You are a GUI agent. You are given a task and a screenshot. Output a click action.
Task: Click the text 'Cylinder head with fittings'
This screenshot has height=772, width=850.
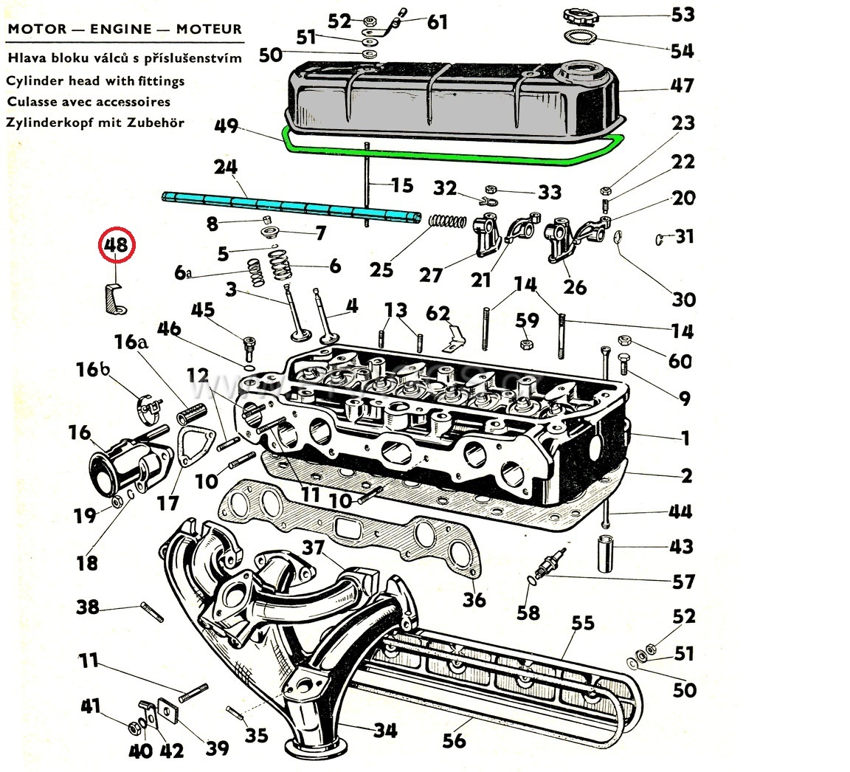click(95, 81)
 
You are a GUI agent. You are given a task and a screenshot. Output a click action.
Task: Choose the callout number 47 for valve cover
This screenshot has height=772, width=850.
click(682, 86)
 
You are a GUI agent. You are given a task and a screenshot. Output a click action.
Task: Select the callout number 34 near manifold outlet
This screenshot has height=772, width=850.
click(384, 731)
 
